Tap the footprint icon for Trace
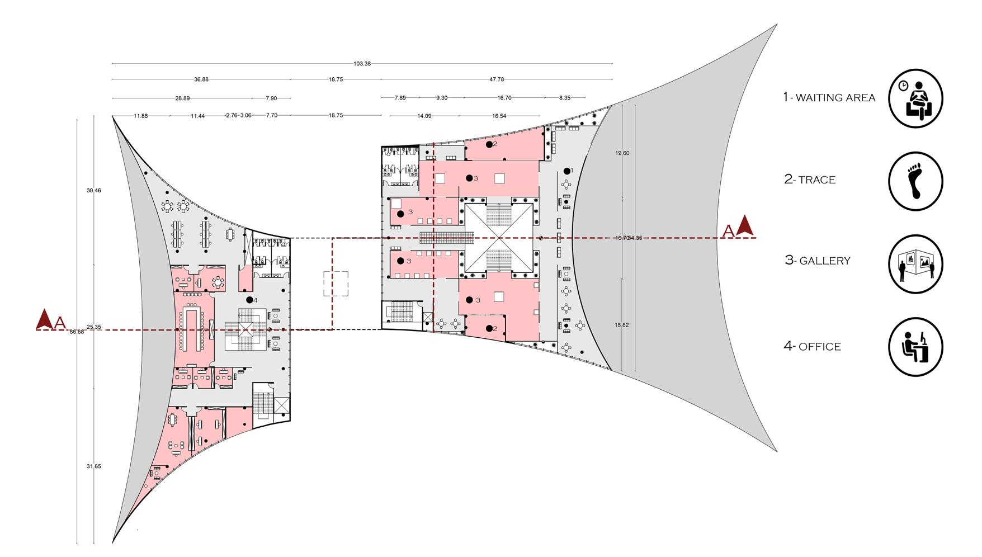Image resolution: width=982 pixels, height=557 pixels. (x=915, y=182)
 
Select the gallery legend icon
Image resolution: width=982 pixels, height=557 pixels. (x=915, y=264)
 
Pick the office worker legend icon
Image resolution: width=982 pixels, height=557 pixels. (x=915, y=347)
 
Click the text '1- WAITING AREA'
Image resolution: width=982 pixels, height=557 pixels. (x=829, y=97)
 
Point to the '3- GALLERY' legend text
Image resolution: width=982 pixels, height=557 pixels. (x=818, y=261)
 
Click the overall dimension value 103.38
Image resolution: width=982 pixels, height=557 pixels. (x=362, y=63)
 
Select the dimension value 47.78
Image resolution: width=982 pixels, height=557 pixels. (x=497, y=79)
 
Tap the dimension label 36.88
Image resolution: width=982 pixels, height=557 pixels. (x=201, y=79)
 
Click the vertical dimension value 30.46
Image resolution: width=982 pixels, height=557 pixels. (x=93, y=190)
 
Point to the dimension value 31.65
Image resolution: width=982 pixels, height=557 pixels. (x=93, y=466)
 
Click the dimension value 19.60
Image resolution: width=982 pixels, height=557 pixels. (x=622, y=153)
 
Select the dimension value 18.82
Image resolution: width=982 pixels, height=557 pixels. (x=622, y=324)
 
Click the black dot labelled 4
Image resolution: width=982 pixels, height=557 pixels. (x=249, y=300)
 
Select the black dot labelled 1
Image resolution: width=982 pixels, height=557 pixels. (x=567, y=170)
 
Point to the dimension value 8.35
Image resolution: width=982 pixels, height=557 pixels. (x=565, y=98)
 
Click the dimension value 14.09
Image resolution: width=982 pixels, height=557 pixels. (x=424, y=116)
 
